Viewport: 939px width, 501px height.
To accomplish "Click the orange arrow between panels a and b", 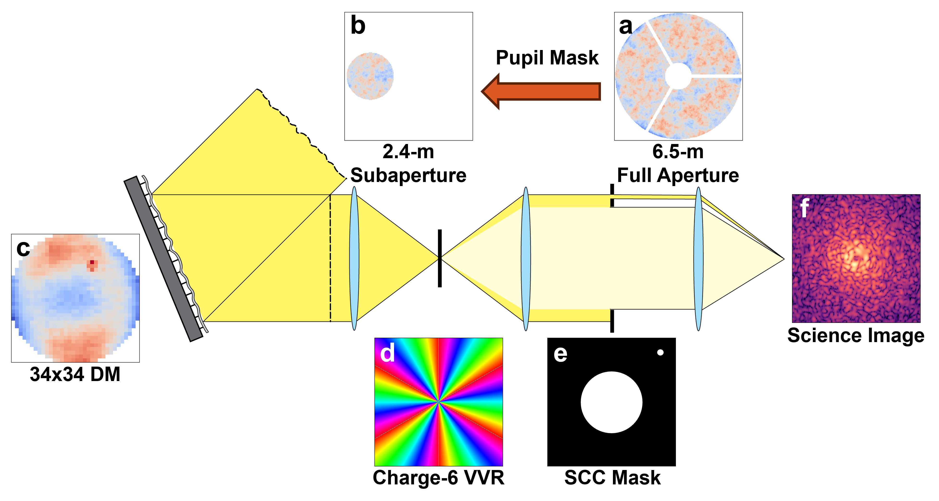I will point(543,91).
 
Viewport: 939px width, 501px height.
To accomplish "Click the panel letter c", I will point(23,249).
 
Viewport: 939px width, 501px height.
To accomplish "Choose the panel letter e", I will point(560,354).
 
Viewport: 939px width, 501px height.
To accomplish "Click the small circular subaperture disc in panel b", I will point(370,76).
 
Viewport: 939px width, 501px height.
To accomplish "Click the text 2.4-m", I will point(408,152).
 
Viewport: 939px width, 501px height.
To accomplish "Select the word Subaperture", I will point(408,175).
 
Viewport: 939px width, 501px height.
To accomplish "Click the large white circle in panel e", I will point(611,402).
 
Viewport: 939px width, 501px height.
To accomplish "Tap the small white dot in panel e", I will point(660,352).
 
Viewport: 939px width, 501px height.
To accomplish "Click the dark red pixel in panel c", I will point(92,262).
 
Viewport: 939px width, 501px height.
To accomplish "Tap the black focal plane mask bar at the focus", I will point(440,258).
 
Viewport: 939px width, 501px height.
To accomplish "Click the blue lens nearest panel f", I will point(698,259).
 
